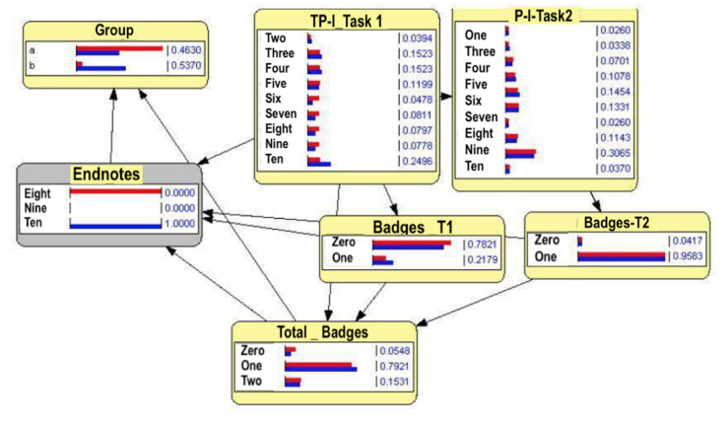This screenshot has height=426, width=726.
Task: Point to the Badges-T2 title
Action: click(x=617, y=222)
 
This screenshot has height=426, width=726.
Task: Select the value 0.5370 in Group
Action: click(x=185, y=67)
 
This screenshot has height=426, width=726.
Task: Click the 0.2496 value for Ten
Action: click(x=417, y=162)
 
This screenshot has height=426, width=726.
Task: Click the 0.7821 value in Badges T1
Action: click(x=483, y=243)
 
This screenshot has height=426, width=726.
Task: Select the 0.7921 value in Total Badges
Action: click(x=394, y=365)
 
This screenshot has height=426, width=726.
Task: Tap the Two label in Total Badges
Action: click(x=252, y=381)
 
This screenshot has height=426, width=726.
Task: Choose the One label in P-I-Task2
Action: click(x=475, y=35)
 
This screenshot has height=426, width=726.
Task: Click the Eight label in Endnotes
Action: click(x=37, y=193)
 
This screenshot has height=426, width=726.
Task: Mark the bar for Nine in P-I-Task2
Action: click(x=520, y=153)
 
